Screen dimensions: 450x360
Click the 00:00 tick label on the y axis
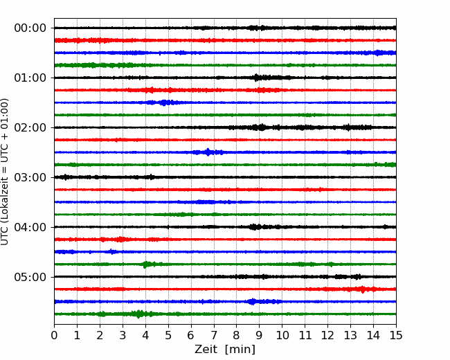tap(30, 28)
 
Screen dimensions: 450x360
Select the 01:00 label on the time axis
tap(30, 78)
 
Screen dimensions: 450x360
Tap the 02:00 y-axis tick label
tap(30, 127)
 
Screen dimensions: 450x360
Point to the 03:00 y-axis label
tap(30, 177)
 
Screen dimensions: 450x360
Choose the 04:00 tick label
tap(30, 227)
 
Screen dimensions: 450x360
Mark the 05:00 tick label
tap(30, 277)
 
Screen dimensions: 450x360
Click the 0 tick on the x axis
tap(54, 335)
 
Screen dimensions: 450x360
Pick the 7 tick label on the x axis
tap(214, 335)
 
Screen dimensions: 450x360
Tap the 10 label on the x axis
tap(282, 335)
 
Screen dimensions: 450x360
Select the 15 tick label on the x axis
tap(396, 335)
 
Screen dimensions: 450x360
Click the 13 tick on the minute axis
tap(350, 335)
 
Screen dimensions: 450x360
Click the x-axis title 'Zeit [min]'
tap(225, 350)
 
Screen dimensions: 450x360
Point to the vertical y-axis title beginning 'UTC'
tap(5, 172)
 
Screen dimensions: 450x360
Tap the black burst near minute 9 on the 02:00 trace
tap(260, 127)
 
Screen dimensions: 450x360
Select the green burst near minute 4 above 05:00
tap(146, 264)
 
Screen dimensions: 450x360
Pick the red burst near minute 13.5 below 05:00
tap(363, 289)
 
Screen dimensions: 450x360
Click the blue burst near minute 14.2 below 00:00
tap(379, 53)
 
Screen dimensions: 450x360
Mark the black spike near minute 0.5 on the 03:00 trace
tap(66, 177)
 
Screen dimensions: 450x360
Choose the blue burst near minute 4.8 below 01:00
tap(164, 102)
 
